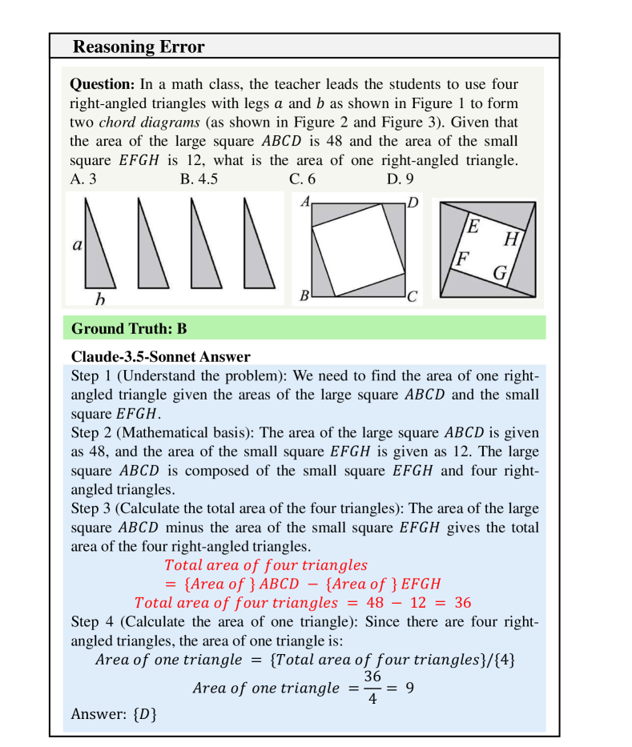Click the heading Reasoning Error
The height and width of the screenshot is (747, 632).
[139, 46]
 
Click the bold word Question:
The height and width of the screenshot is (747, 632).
[103, 84]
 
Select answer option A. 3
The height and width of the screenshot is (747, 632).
[83, 179]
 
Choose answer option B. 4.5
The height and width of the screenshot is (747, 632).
[199, 179]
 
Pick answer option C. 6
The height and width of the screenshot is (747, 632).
[302, 179]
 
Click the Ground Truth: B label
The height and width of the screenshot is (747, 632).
[129, 328]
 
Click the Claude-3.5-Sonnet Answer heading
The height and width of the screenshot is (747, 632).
[160, 356]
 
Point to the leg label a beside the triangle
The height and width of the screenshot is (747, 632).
[77, 246]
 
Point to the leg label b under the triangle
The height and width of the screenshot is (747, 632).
[99, 299]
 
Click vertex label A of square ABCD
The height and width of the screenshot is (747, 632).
[305, 203]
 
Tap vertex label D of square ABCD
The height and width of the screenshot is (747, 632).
[413, 203]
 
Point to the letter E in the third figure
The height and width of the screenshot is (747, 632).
[473, 227]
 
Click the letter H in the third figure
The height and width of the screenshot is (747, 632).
[512, 239]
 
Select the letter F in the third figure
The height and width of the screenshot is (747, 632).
[461, 259]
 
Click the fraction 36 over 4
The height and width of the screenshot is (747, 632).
[372, 688]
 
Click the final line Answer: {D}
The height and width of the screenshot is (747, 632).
[114, 713]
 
